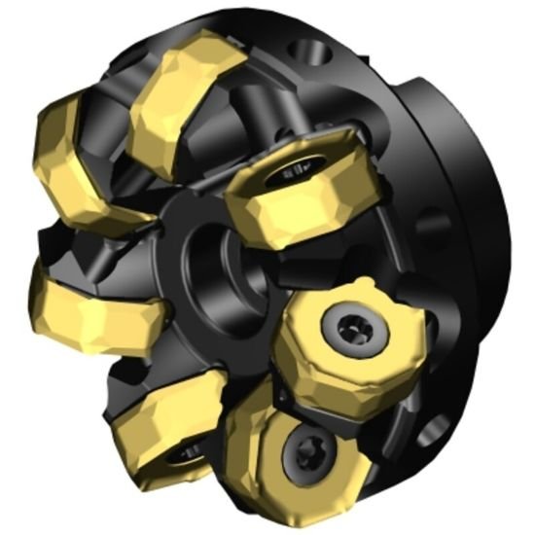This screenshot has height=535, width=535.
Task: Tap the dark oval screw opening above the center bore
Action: point(293,175)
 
